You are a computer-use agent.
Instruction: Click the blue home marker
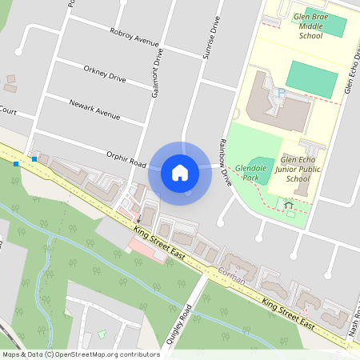(x=180, y=173)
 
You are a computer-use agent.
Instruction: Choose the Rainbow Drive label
(x=224, y=163)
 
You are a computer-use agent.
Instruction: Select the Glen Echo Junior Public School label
(x=297, y=169)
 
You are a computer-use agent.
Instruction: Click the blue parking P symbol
(x=280, y=94)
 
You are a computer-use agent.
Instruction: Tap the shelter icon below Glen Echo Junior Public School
(x=289, y=205)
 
